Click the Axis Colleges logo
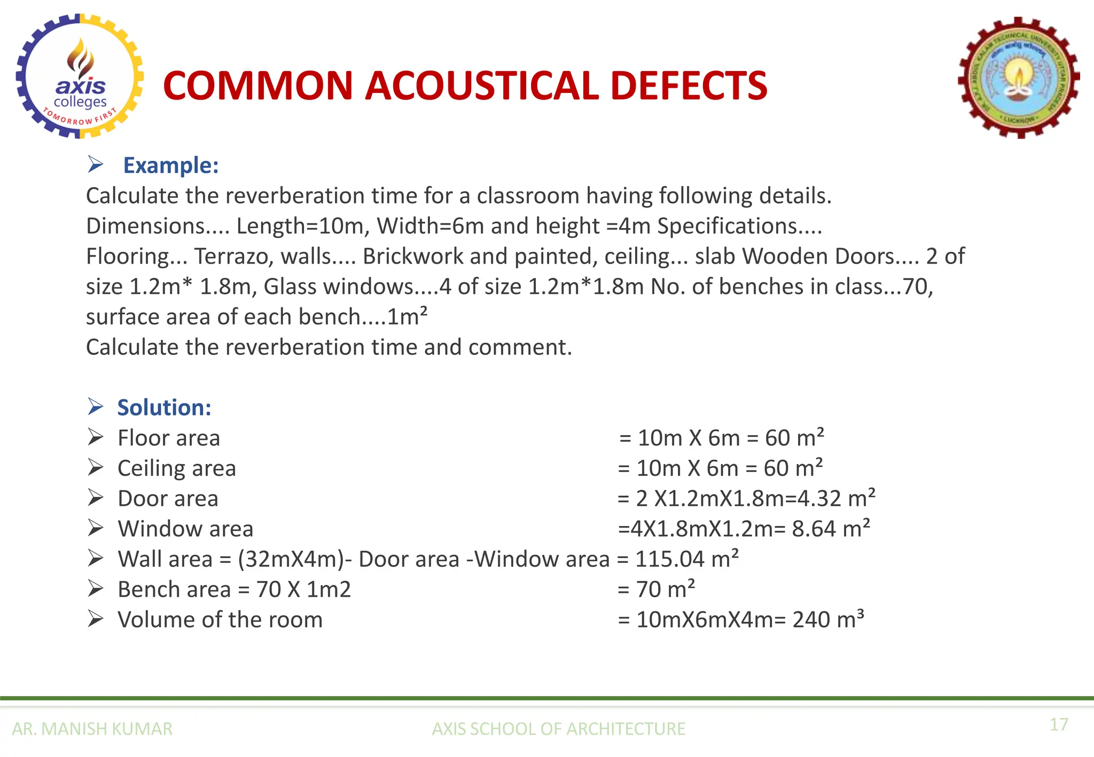(x=80, y=76)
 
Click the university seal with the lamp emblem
(x=1019, y=78)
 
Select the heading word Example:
(x=171, y=165)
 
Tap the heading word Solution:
(x=164, y=407)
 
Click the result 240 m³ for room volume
(x=828, y=620)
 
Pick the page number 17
(x=1059, y=724)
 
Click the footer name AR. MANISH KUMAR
(x=92, y=729)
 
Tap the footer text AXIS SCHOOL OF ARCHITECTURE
(x=558, y=729)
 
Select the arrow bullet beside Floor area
(x=96, y=437)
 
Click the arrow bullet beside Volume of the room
(x=96, y=619)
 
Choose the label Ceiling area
(x=176, y=468)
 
